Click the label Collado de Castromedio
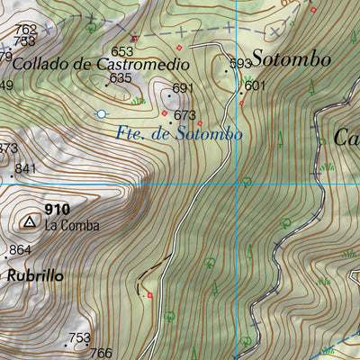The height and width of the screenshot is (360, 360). click(102, 64)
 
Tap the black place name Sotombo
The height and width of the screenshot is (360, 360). click(291, 59)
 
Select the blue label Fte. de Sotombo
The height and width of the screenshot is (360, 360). click(180, 133)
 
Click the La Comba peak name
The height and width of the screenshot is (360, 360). click(72, 225)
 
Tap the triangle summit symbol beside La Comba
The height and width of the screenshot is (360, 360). click(30, 220)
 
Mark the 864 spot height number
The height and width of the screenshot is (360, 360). click(20, 250)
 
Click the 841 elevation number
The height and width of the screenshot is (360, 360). click(25, 169)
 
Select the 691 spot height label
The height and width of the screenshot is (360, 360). click(184, 88)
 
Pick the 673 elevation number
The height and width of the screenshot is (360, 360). click(185, 115)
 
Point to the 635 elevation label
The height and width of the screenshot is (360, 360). click(121, 78)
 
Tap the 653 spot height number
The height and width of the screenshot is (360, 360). click(121, 51)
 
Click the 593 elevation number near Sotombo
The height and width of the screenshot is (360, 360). click(240, 64)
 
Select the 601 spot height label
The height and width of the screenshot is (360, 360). click(256, 85)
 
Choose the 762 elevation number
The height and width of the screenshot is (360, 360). click(26, 30)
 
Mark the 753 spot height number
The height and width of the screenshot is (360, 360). click(80, 338)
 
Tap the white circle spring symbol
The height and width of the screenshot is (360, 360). click(102, 113)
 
